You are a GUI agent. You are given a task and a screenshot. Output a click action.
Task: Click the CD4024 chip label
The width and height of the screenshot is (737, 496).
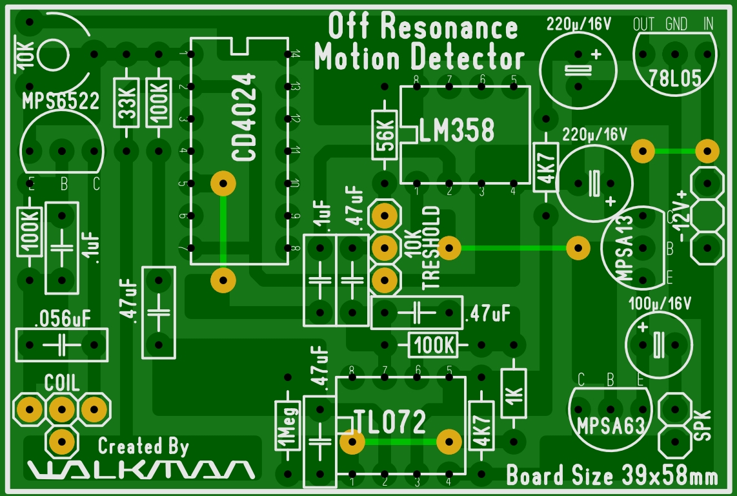pos(244,118)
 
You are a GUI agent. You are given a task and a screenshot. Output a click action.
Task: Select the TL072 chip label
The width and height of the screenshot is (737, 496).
pos(390,422)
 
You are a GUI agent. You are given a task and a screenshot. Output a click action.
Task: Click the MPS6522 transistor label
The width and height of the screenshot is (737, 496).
pos(61,101)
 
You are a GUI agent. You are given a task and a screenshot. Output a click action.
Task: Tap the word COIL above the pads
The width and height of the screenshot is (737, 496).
pos(62,383)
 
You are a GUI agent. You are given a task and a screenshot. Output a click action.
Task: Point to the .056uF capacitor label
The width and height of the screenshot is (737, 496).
pos(63,318)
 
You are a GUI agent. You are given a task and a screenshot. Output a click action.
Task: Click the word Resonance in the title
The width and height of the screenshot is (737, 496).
pos(449,27)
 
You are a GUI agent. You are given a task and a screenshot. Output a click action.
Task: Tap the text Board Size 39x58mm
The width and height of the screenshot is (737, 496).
pos(612,477)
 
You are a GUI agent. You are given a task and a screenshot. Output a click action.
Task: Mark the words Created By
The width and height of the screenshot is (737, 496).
pos(143,446)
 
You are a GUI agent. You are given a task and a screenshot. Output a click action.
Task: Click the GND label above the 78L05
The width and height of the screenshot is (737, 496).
pos(676,25)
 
